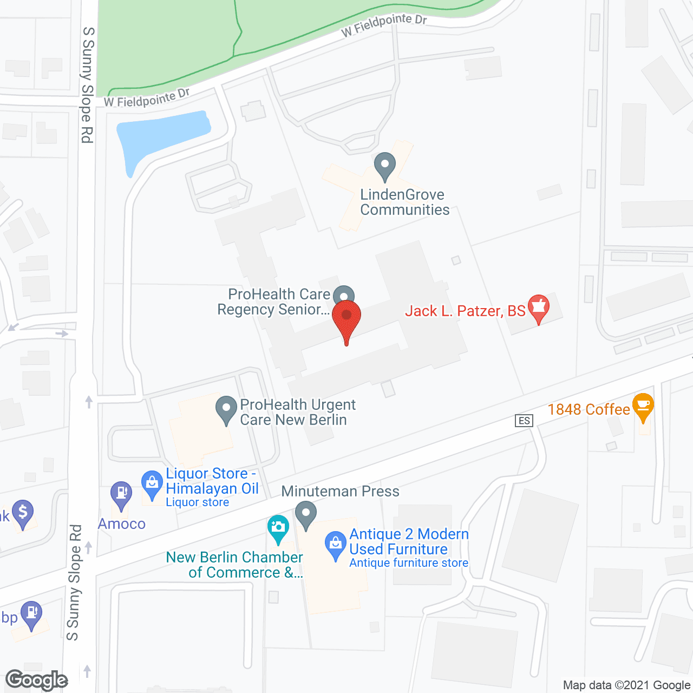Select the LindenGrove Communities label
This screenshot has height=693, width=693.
[404, 202]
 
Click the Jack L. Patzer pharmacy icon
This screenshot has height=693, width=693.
[538, 308]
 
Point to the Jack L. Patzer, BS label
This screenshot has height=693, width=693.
[465, 311]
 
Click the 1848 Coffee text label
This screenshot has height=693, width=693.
[589, 409]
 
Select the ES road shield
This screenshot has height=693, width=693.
[524, 421]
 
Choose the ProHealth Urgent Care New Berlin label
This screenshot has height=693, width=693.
[297, 413]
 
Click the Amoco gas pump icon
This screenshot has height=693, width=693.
[121, 494]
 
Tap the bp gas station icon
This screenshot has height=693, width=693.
[31, 614]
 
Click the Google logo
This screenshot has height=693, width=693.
[37, 681]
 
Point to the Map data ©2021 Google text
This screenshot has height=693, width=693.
[627, 685]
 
